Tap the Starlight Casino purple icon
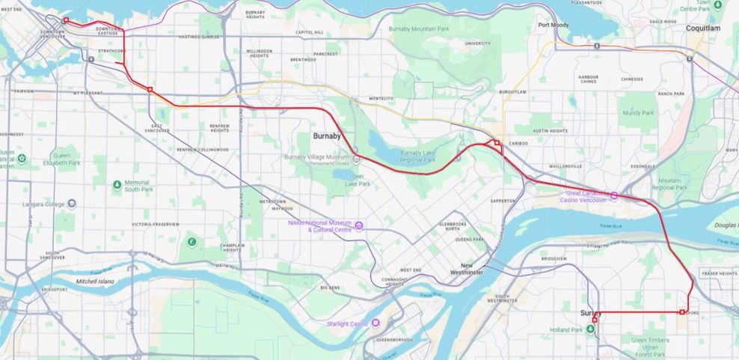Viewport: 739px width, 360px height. (x=375, y=323)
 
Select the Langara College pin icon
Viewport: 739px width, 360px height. (x=71, y=204)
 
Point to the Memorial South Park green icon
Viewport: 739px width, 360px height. (x=117, y=185)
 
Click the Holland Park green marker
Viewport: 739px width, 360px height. (x=590, y=330)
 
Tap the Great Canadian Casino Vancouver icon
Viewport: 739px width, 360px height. (x=613, y=196)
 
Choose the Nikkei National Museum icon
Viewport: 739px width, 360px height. (x=359, y=226)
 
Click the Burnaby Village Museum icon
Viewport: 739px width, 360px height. (x=356, y=159)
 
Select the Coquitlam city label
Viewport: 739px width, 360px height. (x=703, y=28)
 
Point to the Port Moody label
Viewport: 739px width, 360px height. (x=554, y=25)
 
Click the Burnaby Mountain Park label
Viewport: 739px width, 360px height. (x=418, y=29)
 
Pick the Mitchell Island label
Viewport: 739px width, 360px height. (x=95, y=281)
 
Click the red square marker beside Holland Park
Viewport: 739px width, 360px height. (x=595, y=320)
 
